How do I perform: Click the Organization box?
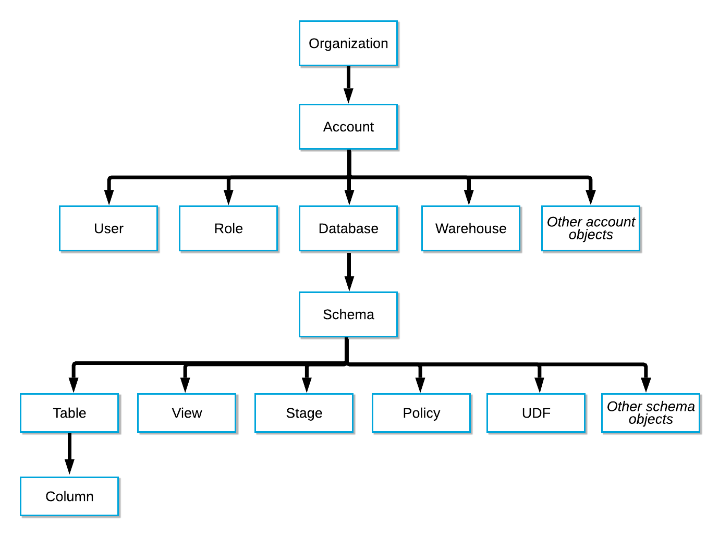[348, 43]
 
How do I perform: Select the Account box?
[348, 127]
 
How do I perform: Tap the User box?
[108, 228]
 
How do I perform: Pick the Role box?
[228, 228]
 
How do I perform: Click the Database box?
[348, 228]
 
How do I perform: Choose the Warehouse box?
[471, 228]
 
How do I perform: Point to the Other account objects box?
[591, 228]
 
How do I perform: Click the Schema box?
[348, 314]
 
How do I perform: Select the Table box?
[69, 413]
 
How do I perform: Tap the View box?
[187, 413]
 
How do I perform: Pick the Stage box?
[304, 413]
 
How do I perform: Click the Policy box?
[421, 413]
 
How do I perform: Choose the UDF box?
[536, 413]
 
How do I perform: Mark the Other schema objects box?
[651, 413]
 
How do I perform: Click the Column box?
[69, 496]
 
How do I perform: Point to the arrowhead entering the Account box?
[348, 96]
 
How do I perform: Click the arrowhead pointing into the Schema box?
[349, 283]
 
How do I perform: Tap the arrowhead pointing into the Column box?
[69, 467]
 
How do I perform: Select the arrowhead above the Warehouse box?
[469, 197]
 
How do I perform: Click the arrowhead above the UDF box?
[539, 385]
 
